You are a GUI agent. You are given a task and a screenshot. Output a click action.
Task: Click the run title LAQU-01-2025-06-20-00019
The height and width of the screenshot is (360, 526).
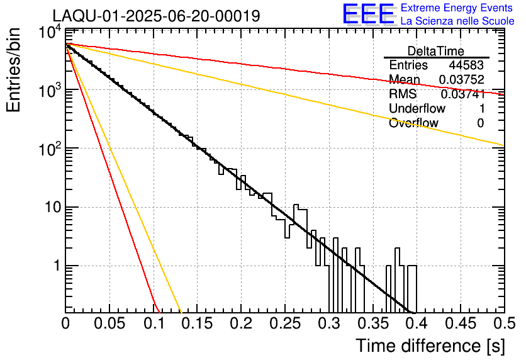coord(156,16)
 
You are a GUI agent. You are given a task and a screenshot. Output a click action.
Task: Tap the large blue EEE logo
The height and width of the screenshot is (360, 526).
coord(368,14)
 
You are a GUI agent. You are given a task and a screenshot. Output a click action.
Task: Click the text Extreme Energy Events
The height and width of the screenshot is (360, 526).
coord(457,8)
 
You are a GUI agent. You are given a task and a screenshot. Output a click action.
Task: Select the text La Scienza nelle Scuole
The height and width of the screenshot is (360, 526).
coord(457,21)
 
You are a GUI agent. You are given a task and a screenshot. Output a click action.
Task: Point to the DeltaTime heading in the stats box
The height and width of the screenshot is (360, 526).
coord(436,51)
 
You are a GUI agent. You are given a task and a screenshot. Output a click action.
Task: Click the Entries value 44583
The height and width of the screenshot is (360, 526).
coord(466,65)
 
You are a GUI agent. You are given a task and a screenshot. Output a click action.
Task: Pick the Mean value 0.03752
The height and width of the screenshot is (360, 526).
coord(462,80)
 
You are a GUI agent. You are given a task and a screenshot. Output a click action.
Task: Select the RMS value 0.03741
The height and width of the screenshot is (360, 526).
coord(462,94)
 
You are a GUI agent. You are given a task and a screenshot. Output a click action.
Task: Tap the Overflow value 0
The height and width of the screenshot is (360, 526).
coord(480,123)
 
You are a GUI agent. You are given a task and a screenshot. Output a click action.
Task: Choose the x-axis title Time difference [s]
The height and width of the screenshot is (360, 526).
coord(430,346)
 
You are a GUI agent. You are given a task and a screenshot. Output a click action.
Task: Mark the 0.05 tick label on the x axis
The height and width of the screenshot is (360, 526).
coord(109,324)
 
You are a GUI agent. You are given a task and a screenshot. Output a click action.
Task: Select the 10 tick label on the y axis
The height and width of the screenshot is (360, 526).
coord(51,207)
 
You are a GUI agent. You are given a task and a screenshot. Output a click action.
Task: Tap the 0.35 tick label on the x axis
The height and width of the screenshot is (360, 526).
coord(372,324)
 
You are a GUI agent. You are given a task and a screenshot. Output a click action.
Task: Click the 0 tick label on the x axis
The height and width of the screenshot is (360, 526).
coord(65,324)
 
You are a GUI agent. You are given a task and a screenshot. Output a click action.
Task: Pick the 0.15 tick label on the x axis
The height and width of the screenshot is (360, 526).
coord(197,324)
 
